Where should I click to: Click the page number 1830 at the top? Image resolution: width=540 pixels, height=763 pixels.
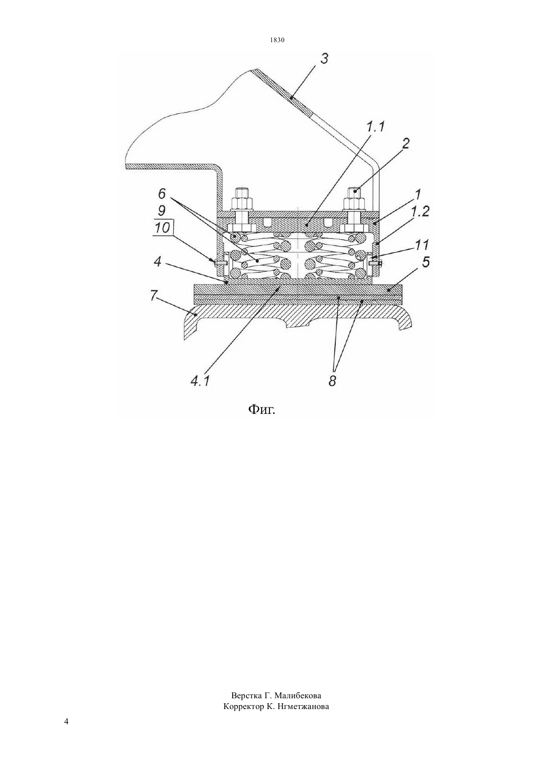pos(277,40)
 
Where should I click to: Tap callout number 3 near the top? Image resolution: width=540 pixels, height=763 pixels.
pos(324,58)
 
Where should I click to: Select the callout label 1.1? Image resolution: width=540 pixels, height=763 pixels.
pos(376,127)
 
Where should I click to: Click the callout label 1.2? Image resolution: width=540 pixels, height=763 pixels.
pos(420,212)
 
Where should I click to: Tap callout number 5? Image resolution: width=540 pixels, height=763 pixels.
pos(426,262)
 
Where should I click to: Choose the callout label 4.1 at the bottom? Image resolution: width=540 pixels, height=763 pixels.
pos(199,381)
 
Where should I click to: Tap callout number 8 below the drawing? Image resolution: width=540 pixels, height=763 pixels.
pos(332,381)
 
